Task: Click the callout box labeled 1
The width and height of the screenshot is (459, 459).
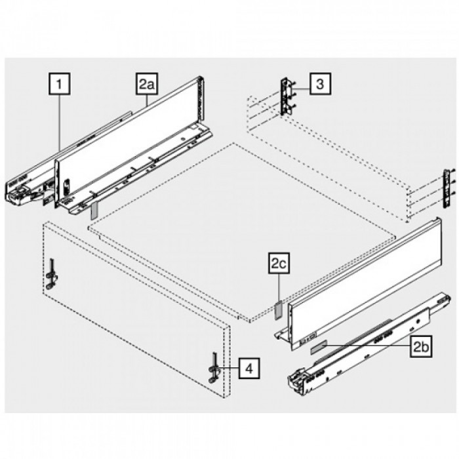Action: [61, 84]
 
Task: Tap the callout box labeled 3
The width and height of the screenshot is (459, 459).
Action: [319, 84]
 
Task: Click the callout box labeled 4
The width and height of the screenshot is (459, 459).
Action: [249, 369]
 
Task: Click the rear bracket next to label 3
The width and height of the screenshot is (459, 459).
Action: [287, 97]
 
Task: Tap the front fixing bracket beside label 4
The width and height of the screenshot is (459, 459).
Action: [212, 368]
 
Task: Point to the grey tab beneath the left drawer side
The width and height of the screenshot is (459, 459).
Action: [94, 209]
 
